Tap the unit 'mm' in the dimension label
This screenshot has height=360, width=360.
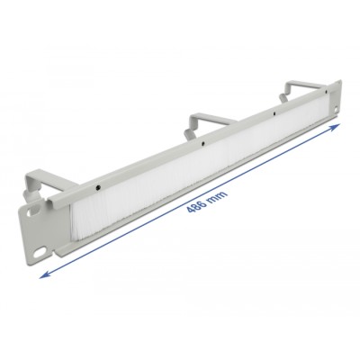219,195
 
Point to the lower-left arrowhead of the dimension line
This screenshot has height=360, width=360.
44,274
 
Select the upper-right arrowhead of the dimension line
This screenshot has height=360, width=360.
336,127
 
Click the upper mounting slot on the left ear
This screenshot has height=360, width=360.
30,213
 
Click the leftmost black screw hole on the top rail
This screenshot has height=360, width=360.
97,188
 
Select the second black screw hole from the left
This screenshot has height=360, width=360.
203,144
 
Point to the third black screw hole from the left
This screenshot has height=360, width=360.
274,114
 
